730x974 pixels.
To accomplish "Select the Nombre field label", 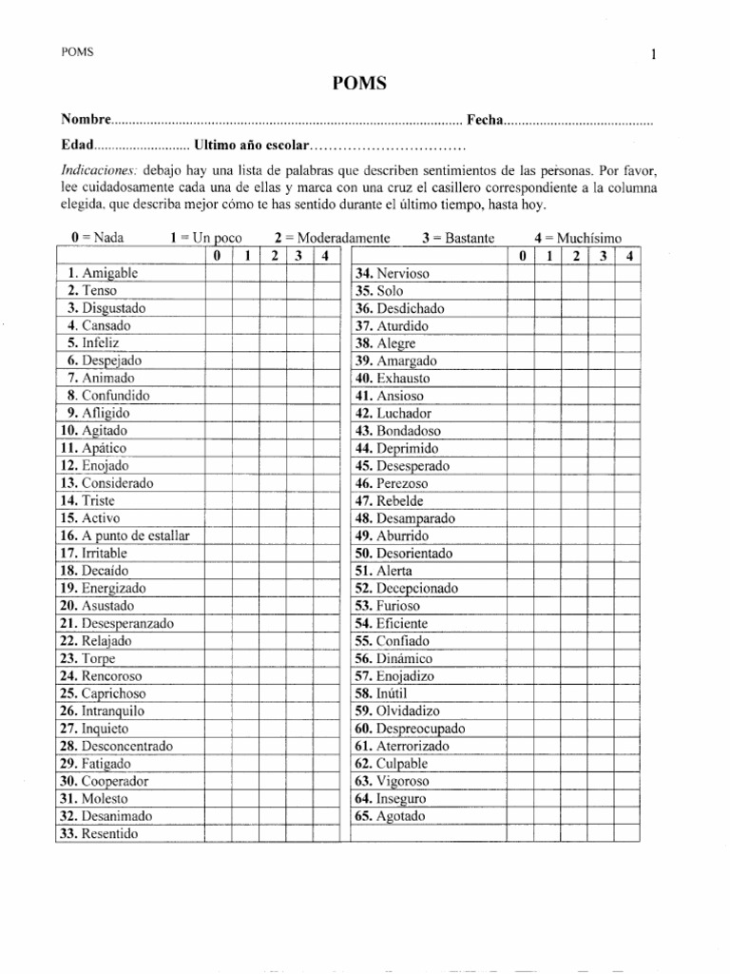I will (86, 120).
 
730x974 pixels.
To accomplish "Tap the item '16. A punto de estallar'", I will (125, 536).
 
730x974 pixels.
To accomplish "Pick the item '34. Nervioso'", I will (392, 273).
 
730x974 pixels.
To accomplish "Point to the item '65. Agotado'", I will (390, 816).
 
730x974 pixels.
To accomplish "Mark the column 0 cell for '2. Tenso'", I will (218, 291).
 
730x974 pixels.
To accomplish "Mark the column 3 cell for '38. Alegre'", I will (603, 343).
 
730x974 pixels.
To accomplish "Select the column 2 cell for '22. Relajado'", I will (273, 641).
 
